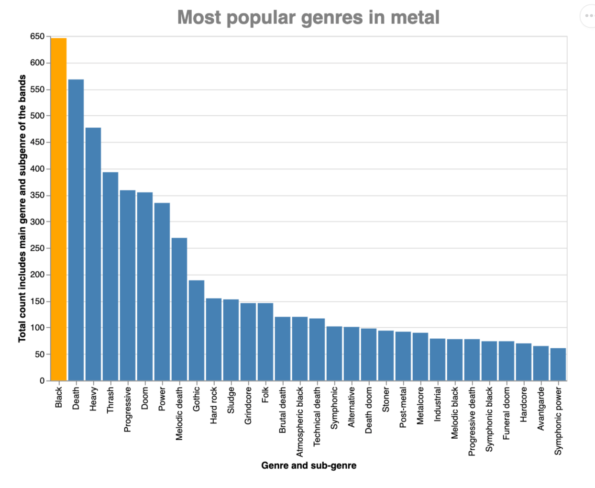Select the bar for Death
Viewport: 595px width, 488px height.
(76, 230)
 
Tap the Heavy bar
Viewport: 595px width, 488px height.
(93, 254)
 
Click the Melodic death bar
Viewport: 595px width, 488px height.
(179, 309)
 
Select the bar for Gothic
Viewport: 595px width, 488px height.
(197, 330)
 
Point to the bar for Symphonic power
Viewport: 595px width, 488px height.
(558, 364)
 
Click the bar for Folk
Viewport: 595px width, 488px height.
(265, 342)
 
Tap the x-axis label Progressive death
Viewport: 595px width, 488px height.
(472, 421)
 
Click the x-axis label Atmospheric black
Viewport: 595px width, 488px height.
(300, 421)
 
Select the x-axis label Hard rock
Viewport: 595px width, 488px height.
(214, 405)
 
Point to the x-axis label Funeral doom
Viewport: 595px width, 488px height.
(507, 413)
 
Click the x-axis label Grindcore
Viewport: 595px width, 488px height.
(248, 406)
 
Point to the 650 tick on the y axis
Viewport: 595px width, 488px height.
(37, 36)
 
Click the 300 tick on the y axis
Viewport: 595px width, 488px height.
(37, 222)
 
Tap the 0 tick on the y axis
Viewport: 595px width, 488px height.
(42, 381)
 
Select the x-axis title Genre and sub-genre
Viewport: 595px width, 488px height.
(309, 466)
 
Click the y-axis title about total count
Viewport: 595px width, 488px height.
(22, 209)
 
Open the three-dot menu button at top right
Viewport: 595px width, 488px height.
(589, 16)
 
